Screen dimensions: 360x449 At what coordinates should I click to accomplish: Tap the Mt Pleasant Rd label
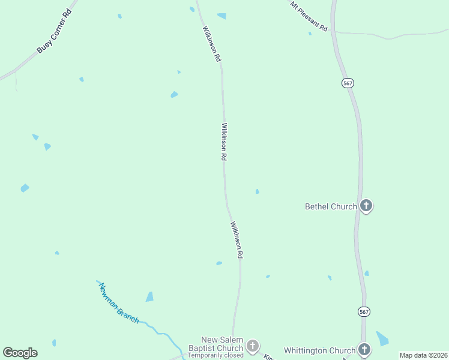(x=309, y=17)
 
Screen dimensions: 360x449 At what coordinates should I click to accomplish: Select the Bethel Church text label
(x=331, y=206)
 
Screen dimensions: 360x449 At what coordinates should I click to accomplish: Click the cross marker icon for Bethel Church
(x=366, y=206)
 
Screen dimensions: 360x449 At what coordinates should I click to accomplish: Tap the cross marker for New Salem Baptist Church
(x=253, y=345)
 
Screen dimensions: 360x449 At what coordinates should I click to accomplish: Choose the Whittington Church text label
(x=319, y=350)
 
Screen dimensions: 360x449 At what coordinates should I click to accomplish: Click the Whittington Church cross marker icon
(x=364, y=349)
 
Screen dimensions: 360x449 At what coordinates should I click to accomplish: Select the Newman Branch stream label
(x=119, y=303)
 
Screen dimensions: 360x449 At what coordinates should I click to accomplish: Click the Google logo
(x=20, y=353)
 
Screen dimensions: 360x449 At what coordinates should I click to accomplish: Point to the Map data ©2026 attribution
(x=424, y=355)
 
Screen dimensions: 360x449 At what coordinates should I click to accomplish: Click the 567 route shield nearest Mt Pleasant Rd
(x=348, y=83)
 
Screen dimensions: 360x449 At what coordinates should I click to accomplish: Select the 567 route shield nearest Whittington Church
(x=364, y=311)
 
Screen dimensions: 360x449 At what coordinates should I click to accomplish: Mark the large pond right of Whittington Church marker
(x=382, y=338)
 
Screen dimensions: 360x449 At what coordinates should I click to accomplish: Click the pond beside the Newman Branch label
(x=149, y=297)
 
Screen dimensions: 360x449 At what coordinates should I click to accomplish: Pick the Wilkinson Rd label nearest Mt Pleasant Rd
(x=212, y=44)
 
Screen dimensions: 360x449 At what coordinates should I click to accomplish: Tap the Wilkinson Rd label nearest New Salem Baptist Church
(x=237, y=240)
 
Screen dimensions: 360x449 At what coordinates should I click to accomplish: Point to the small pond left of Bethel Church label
(x=257, y=191)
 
